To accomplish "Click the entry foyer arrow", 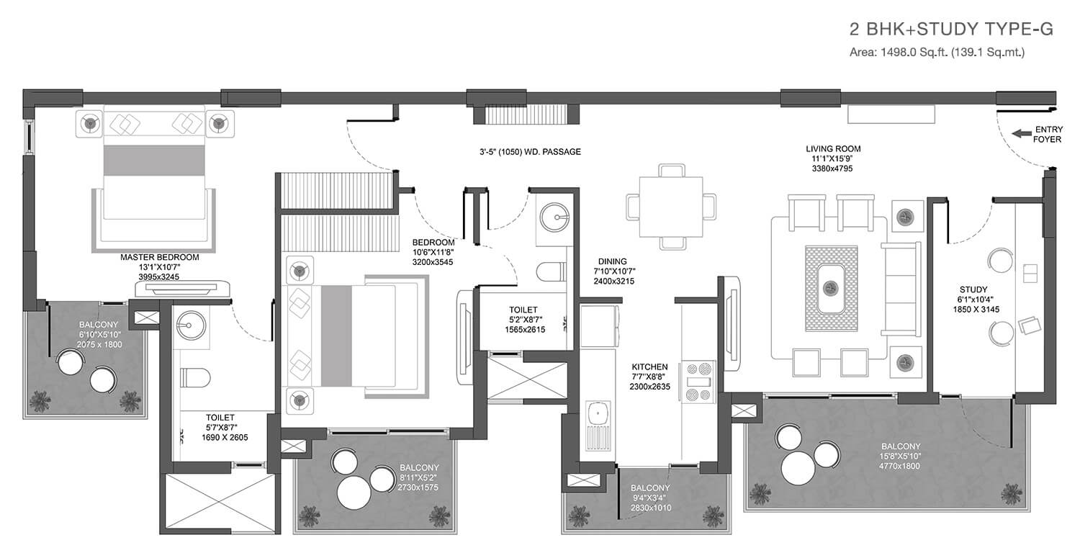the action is (1021, 133).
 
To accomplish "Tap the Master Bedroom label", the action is (160, 258).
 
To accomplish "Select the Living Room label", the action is (833, 149).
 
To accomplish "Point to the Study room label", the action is (973, 289).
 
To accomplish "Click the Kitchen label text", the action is (650, 367).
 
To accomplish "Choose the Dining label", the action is (613, 261).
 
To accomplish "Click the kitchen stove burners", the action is (698, 382).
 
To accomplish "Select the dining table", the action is (670, 207).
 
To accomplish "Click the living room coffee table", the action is (831, 288).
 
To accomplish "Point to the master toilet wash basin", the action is (191, 325).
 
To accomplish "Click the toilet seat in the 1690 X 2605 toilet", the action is (195, 377).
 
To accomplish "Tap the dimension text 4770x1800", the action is (900, 466).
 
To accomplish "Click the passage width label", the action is (530, 152).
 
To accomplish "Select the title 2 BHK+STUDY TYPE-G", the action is (951, 30).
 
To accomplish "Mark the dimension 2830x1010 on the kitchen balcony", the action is (650, 508).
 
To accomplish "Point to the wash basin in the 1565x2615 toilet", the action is (555, 217).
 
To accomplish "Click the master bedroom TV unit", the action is (182, 288).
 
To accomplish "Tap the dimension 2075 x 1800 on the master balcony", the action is (99, 345).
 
